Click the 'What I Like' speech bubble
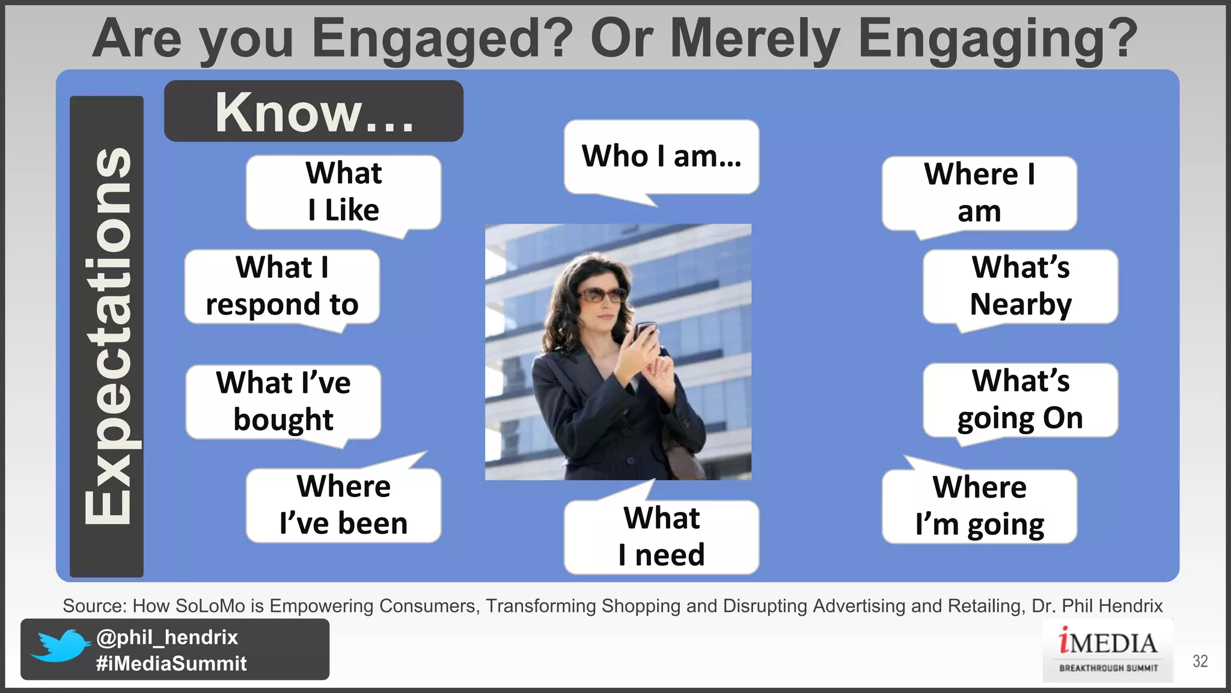(x=343, y=192)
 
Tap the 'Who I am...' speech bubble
(x=661, y=156)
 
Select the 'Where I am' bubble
(x=979, y=193)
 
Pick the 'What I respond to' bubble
(x=282, y=286)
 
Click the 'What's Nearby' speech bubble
(x=1021, y=286)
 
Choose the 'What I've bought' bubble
(x=283, y=402)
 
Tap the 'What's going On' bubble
(x=1021, y=400)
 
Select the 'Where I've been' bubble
(x=343, y=505)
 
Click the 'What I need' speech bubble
(x=661, y=537)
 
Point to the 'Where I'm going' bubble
(x=979, y=507)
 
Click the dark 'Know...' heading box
(x=314, y=111)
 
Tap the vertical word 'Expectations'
(x=107, y=337)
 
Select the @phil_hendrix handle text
(x=167, y=637)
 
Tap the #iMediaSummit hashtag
(x=171, y=664)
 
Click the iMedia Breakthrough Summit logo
(x=1108, y=651)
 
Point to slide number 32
(x=1200, y=661)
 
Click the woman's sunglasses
(x=601, y=295)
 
